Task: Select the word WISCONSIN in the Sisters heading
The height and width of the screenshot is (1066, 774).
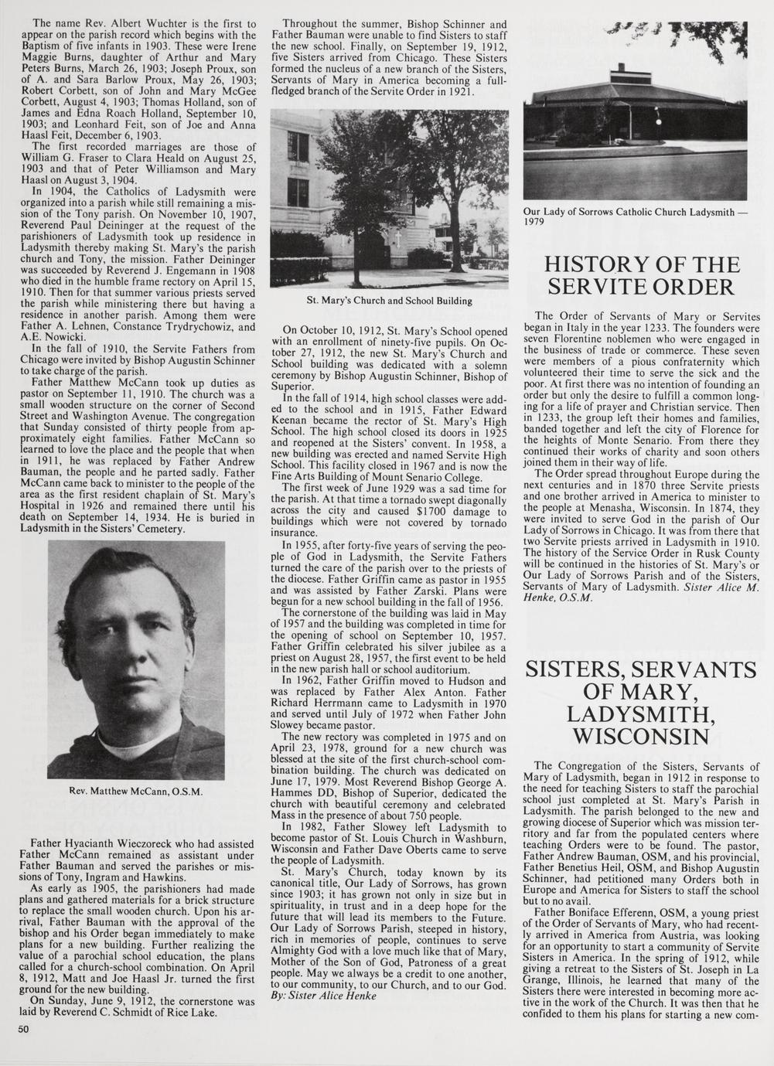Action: click(x=640, y=734)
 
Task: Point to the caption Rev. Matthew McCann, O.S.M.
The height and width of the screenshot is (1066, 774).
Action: click(x=135, y=791)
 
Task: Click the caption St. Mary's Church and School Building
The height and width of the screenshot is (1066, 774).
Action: click(x=389, y=300)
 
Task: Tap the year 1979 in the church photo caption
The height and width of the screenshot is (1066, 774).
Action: click(x=534, y=222)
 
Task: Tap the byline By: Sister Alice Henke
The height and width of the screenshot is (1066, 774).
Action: click(x=324, y=996)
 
